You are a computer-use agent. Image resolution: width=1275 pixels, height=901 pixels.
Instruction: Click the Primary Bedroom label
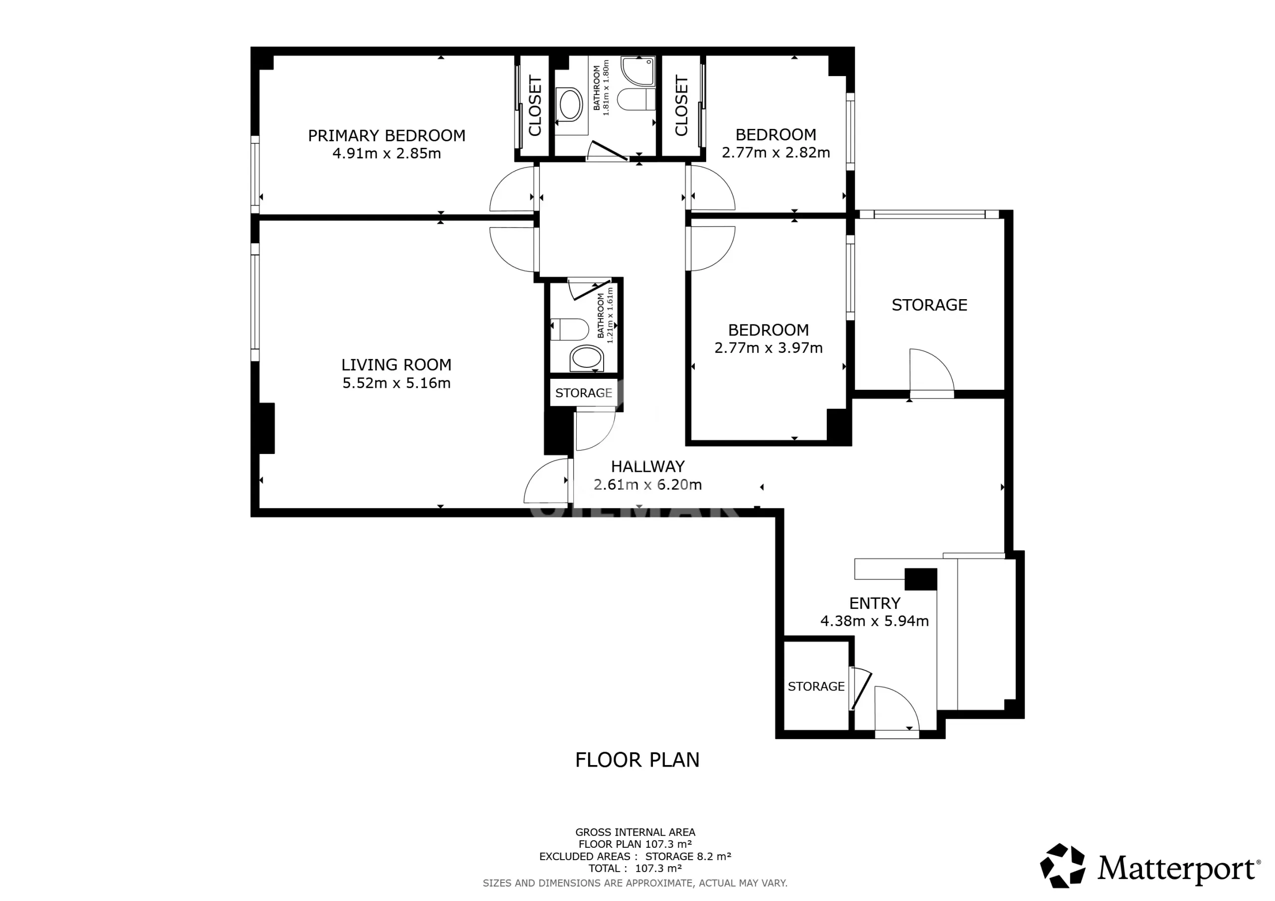386,135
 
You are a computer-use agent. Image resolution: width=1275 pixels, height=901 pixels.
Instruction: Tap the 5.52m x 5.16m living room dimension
396,383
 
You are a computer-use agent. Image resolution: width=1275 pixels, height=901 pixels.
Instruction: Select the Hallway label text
648,466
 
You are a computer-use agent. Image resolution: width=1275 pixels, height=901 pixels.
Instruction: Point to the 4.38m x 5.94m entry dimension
875,621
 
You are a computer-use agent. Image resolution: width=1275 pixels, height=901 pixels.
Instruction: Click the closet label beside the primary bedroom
535,106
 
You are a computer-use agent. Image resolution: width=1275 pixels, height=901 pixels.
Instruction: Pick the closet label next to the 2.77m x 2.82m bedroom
681,106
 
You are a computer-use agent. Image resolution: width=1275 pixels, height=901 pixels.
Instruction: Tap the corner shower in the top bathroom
638,71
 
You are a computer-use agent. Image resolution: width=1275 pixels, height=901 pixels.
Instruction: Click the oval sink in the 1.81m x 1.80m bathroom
570,105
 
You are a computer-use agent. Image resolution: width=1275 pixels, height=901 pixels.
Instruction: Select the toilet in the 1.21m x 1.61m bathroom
570,329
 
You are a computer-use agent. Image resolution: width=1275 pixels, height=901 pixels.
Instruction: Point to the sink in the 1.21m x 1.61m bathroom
586,358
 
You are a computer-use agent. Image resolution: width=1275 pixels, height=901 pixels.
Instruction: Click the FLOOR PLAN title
637,760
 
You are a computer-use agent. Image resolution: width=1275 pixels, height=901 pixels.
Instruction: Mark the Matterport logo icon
1062,866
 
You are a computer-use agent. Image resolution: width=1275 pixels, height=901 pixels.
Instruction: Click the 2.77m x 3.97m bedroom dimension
768,348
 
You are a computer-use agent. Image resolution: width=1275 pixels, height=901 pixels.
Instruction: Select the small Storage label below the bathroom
584,393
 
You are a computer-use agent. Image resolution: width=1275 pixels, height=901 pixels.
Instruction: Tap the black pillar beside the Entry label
921,579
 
